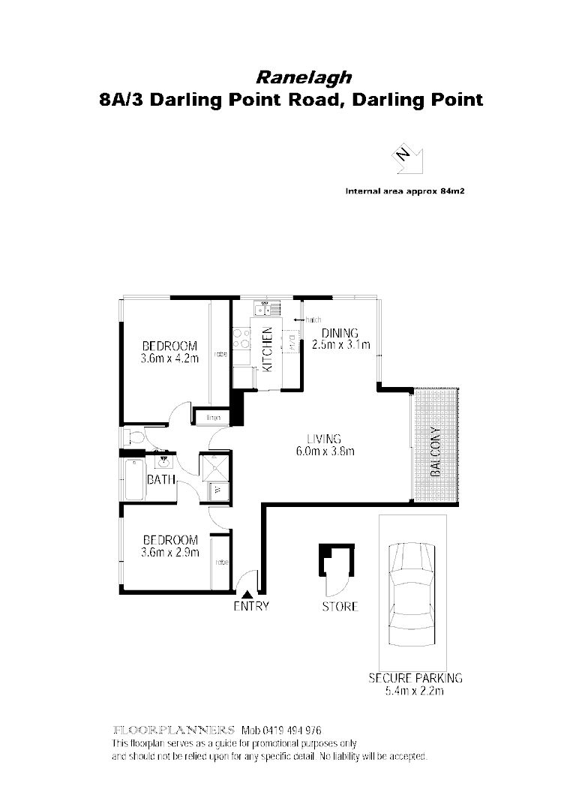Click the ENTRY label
point(250,607)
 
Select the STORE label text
point(340,606)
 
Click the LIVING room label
point(323,439)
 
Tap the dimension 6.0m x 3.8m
point(323,451)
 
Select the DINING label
point(340,334)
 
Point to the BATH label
point(160,479)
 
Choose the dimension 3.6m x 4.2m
point(169,358)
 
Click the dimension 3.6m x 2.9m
point(169,553)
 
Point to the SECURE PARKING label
point(415,678)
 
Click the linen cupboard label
point(212,416)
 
